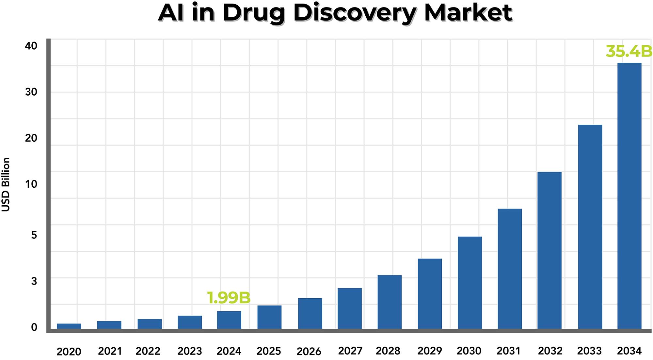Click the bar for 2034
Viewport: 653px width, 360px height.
tap(629, 196)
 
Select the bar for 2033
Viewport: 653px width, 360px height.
tap(590, 227)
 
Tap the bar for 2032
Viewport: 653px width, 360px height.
tap(549, 250)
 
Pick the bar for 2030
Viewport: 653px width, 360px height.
tap(470, 283)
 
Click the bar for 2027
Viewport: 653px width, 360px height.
tap(350, 308)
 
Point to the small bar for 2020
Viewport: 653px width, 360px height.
tap(69, 326)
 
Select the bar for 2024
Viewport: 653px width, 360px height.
tap(229, 320)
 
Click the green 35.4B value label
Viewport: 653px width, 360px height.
tap(629, 52)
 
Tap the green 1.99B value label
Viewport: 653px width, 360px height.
tap(229, 298)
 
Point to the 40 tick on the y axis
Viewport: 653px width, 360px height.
tap(31, 46)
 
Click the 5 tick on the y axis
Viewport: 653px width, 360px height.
tap(34, 235)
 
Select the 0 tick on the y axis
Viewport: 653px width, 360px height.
tap(34, 327)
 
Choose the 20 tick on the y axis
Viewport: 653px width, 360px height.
tap(31, 138)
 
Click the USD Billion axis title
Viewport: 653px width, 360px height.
tap(6, 185)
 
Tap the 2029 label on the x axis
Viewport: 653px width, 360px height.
tap(429, 351)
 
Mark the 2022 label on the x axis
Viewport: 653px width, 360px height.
tap(148, 351)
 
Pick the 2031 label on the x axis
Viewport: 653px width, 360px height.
tap(508, 351)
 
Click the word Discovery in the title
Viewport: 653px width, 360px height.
tap(355, 13)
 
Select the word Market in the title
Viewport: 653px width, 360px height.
tap(468, 13)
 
